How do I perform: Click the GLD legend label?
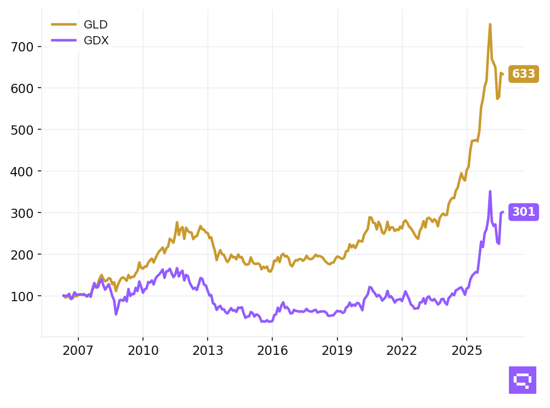(95, 25)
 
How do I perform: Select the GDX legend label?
(96, 41)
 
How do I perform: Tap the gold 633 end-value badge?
(523, 74)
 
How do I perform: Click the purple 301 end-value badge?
(523, 212)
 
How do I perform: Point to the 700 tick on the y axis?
(22, 47)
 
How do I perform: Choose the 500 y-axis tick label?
(22, 130)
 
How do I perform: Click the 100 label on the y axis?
(22, 296)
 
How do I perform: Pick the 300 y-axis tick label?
(22, 214)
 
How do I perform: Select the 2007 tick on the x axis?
(78, 350)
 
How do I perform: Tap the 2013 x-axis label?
(208, 350)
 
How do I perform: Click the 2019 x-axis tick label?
(337, 350)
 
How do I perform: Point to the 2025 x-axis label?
(467, 350)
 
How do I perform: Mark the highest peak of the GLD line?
(490, 24)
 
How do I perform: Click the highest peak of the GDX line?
(490, 191)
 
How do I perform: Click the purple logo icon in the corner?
(522, 380)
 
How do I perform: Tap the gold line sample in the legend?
(64, 24)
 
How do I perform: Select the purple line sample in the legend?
(64, 41)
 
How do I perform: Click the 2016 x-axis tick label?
(273, 350)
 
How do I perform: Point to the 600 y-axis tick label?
(22, 88)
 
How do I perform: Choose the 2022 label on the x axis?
(402, 350)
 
